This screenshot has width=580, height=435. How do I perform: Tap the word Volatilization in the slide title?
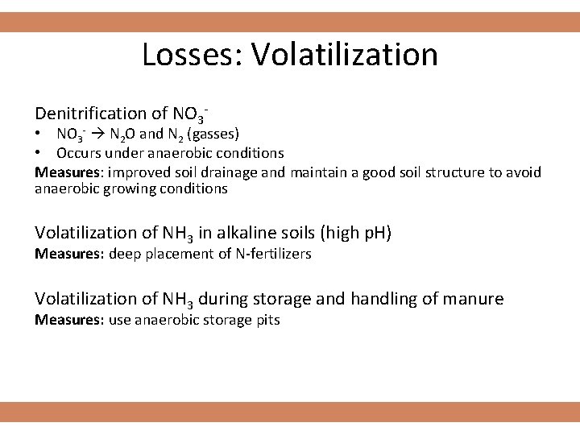[345, 55]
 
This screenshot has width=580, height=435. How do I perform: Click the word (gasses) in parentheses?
[211, 133]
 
